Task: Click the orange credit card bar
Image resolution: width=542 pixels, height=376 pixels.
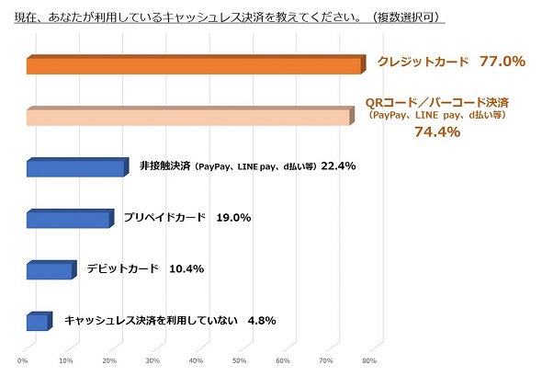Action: (193, 66)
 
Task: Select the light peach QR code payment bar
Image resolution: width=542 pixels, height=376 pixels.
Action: (188, 118)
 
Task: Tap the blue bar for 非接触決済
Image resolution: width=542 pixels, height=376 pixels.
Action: (74, 168)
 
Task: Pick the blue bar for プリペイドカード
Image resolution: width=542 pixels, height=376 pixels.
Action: (68, 220)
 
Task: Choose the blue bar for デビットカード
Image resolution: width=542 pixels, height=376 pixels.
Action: (50, 271)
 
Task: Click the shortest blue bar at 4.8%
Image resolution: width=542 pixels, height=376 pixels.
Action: (37, 322)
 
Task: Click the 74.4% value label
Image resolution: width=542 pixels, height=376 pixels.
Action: (437, 132)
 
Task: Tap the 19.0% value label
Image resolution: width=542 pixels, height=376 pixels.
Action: (233, 218)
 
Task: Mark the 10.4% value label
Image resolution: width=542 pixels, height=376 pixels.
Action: (186, 269)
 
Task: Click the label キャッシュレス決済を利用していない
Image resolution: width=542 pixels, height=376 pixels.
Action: (152, 321)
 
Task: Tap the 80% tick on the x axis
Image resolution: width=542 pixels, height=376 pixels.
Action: (369, 360)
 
